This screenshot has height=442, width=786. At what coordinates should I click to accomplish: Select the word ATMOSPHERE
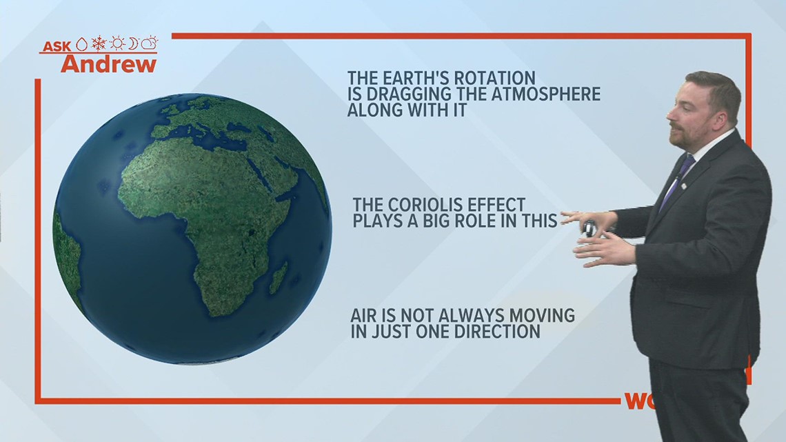[545, 94]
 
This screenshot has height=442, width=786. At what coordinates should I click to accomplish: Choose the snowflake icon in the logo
[99, 43]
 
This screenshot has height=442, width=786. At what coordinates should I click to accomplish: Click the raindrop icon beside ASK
[82, 45]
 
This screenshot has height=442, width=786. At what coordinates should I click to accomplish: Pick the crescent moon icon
[133, 43]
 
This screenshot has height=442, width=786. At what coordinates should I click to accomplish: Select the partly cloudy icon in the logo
[150, 43]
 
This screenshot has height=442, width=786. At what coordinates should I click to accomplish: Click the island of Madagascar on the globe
[279, 278]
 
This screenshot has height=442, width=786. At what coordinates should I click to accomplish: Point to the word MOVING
[542, 315]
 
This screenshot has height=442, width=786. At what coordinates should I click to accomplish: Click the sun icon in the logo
[117, 43]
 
